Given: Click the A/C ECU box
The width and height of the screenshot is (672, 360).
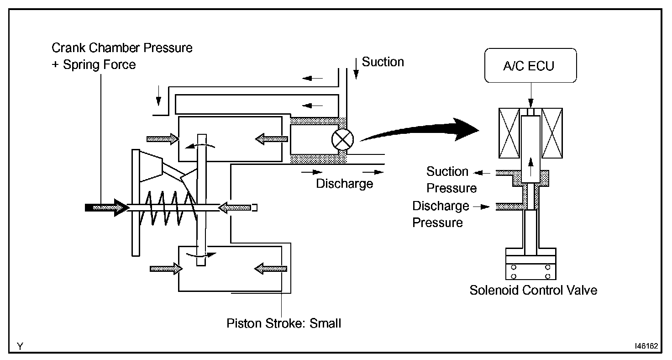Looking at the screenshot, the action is coord(530,65).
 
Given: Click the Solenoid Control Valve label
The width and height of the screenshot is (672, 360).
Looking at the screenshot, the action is coord(533,291).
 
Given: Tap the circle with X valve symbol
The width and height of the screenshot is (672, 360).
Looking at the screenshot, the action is coord(342,140).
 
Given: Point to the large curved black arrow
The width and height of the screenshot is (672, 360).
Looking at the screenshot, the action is coord(420,130).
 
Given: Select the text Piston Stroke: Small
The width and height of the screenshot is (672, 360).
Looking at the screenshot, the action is coord(284,323).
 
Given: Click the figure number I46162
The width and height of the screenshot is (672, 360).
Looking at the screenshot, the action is coord(646,346).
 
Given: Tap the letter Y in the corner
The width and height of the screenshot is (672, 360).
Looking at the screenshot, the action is coord(20,346).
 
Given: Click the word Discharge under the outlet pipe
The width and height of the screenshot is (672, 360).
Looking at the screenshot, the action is coord(344,184).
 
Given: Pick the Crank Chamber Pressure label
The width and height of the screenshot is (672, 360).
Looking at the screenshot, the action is coord(122,48).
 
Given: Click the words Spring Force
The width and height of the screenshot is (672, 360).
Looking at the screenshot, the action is coord(100,64).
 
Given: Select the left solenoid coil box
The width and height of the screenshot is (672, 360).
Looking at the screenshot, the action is coord(509,133).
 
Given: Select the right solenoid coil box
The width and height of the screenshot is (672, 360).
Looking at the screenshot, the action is coord(552,133).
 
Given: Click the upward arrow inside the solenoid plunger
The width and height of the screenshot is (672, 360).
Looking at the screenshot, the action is coord(530,167).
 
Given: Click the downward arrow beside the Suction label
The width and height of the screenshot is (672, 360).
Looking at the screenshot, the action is coord(356,69).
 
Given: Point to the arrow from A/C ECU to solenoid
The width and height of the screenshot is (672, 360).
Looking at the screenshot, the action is coord(530,95).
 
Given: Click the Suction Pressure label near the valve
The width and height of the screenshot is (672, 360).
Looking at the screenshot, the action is coord(451,180).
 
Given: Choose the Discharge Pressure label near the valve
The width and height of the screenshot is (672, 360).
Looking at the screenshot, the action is coord(441,214).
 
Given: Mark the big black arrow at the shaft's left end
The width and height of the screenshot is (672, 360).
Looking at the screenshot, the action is coord(107,207).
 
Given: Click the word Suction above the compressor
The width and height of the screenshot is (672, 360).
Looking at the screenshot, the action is coord(383,62).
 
